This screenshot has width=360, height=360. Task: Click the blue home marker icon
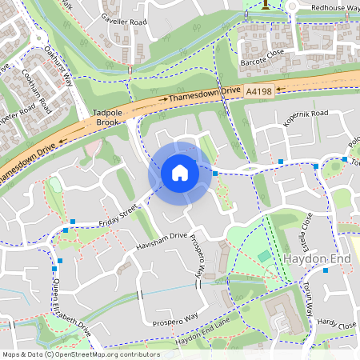[x=180, y=172]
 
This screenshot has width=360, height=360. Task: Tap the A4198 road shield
[x=259, y=92]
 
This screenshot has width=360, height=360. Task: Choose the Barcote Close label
[x=262, y=58]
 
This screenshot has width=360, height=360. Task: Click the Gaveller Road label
[x=126, y=18]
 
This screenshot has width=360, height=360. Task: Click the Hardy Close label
[x=336, y=325]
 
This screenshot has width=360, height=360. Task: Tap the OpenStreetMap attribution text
[x=80, y=354]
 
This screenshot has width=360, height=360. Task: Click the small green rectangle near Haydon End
[x=264, y=256]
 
